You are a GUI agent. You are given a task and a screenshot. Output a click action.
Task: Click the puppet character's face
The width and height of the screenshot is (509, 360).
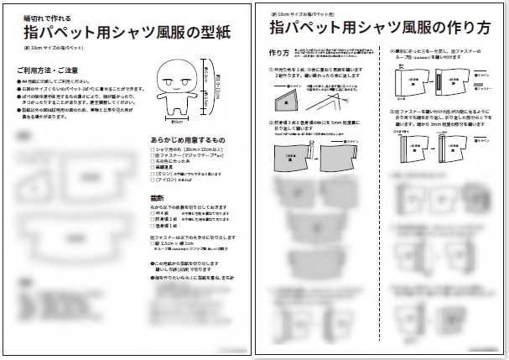coord(174,82)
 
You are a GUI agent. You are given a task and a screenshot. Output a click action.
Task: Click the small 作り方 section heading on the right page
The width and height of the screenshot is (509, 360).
coord(280,53)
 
